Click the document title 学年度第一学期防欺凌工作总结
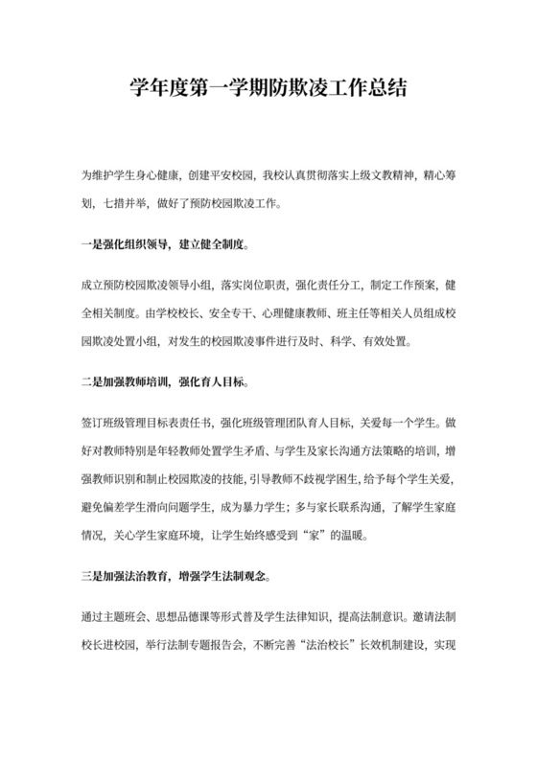coord(268,91)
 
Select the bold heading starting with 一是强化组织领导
coord(166,243)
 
